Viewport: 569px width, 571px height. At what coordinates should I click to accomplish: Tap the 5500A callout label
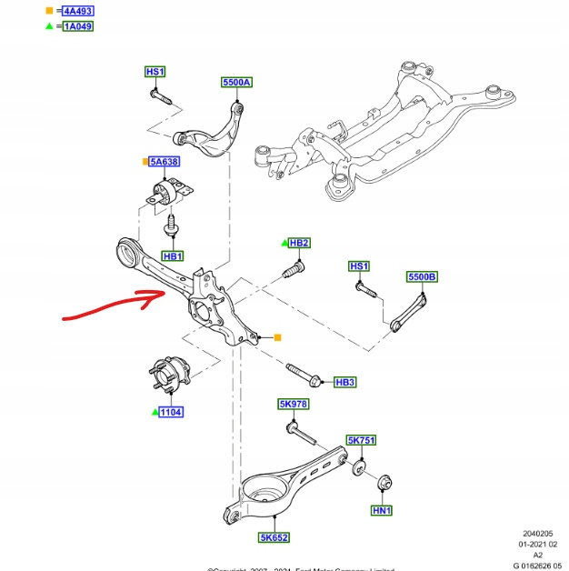pyautogui.click(x=236, y=83)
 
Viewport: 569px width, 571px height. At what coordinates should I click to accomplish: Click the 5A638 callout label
pyautogui.click(x=165, y=162)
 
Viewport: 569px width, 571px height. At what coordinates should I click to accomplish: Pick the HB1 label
pyautogui.click(x=173, y=257)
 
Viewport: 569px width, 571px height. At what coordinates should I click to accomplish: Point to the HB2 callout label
pyautogui.click(x=299, y=243)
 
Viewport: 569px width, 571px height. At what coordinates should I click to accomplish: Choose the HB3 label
pyautogui.click(x=345, y=383)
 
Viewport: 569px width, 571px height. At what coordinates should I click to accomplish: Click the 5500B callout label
pyautogui.click(x=422, y=275)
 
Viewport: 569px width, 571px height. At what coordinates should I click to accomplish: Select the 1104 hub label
pyautogui.click(x=171, y=413)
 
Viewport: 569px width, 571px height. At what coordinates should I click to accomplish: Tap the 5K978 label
pyautogui.click(x=293, y=403)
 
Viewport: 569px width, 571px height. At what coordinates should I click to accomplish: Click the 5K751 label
pyautogui.click(x=361, y=440)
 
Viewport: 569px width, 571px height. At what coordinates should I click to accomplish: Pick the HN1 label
pyautogui.click(x=382, y=511)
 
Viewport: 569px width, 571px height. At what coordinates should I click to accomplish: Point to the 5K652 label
pyautogui.click(x=274, y=538)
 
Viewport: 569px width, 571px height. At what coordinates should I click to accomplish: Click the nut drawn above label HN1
pyautogui.click(x=384, y=481)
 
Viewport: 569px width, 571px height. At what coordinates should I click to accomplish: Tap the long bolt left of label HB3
pyautogui.click(x=302, y=374)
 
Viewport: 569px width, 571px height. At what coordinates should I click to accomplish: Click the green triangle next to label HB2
pyautogui.click(x=284, y=243)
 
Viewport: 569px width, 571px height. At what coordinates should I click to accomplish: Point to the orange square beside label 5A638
pyautogui.click(x=145, y=162)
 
